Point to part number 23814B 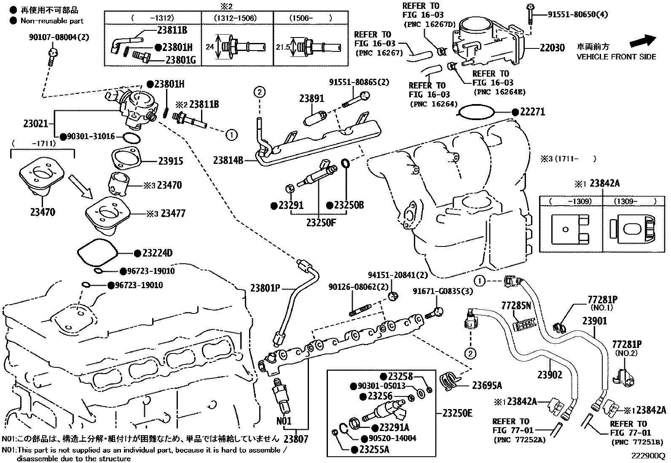(228, 160)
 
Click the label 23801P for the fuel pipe (265, 288)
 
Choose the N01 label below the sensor (284, 420)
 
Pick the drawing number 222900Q (647, 456)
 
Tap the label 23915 (171, 161)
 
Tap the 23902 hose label (550, 375)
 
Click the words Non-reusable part (52, 21)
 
